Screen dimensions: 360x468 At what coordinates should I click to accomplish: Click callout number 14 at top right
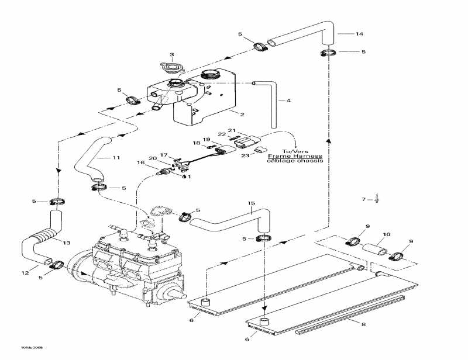[359, 34]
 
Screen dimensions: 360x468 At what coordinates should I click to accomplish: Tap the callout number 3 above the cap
[172, 55]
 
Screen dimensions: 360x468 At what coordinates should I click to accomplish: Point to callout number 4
[288, 101]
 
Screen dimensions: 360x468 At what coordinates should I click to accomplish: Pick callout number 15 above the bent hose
[252, 203]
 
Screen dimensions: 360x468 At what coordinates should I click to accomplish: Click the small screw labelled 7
[376, 200]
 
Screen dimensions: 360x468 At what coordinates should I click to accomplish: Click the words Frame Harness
[295, 157]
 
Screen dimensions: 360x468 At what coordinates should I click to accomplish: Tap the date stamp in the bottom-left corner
[16, 347]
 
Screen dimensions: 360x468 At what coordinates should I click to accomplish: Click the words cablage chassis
[295, 162]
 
